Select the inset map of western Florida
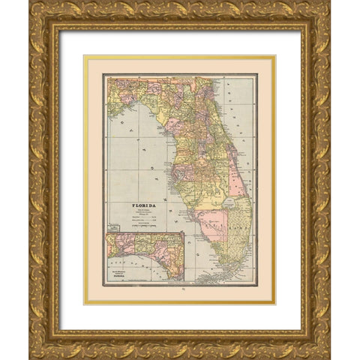click(x=145, y=256)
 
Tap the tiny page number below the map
click(x=180, y=295)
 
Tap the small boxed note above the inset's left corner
click(x=114, y=226)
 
